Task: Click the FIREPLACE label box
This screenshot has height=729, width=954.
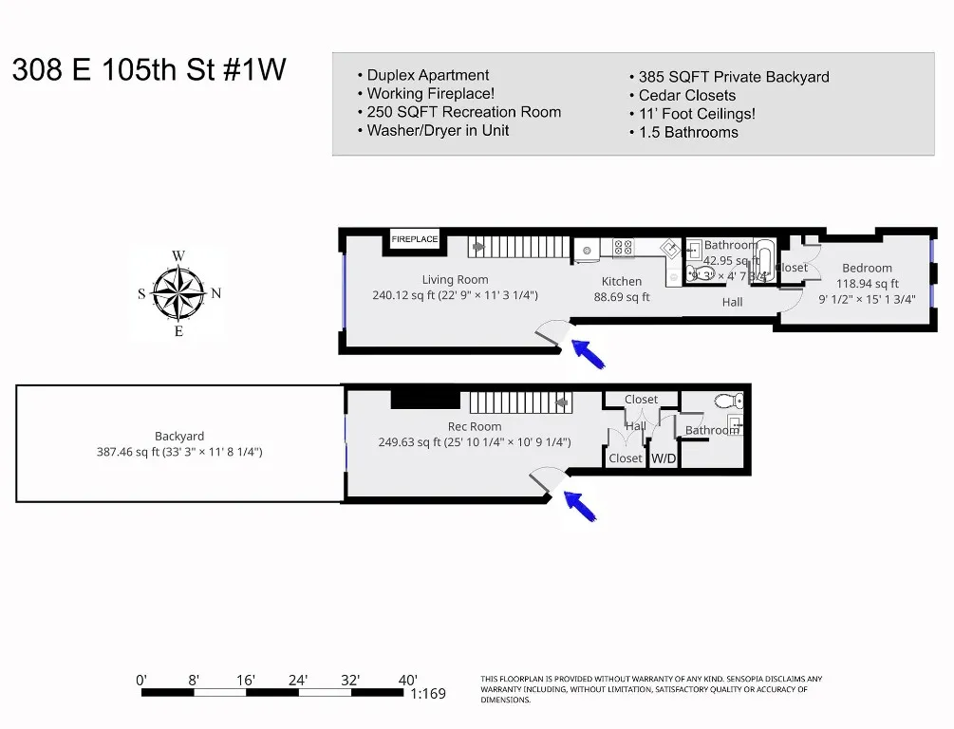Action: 415,239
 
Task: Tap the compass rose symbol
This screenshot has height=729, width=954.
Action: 178,293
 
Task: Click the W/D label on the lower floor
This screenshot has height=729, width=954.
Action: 663,458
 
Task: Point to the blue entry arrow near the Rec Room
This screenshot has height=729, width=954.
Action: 581,505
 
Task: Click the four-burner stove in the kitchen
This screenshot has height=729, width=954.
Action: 624,247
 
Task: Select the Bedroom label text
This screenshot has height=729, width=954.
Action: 867,268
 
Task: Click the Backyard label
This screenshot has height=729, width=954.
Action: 179,437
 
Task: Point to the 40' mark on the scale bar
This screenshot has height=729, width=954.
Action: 408,680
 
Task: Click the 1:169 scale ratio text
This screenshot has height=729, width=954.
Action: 428,694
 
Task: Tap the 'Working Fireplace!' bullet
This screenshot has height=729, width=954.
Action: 430,93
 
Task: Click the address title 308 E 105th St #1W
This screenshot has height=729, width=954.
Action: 149,71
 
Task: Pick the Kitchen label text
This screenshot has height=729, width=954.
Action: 622,281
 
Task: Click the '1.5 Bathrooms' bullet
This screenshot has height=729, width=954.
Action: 688,132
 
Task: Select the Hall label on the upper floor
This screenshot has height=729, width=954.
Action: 732,302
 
